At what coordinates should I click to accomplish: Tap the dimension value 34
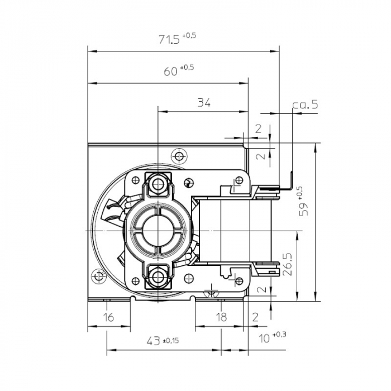(204, 102)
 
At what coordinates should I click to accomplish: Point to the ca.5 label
(305, 104)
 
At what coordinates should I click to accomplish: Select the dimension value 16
(109, 317)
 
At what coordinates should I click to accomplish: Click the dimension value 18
(221, 317)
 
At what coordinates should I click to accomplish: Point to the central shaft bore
(158, 230)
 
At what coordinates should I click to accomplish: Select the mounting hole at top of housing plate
(179, 154)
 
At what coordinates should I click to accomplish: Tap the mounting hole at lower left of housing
(100, 275)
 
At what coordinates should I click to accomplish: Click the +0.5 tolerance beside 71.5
(189, 35)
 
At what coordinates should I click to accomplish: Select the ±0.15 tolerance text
(170, 340)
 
